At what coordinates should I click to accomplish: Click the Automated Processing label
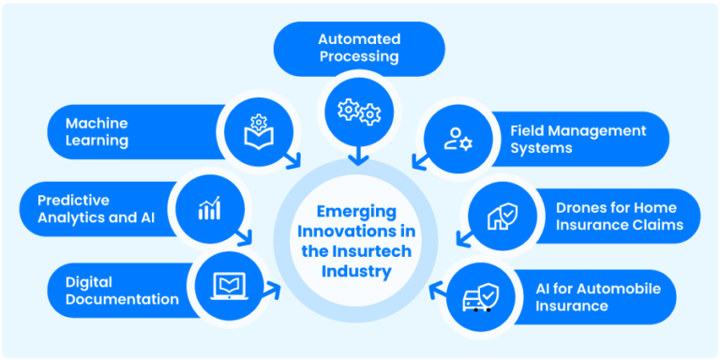359,48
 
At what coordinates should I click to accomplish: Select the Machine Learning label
97,132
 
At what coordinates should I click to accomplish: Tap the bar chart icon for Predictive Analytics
209,208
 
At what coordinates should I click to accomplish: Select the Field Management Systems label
578,139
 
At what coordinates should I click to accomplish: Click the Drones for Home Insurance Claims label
616,216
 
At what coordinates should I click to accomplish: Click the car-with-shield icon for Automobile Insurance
478,297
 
